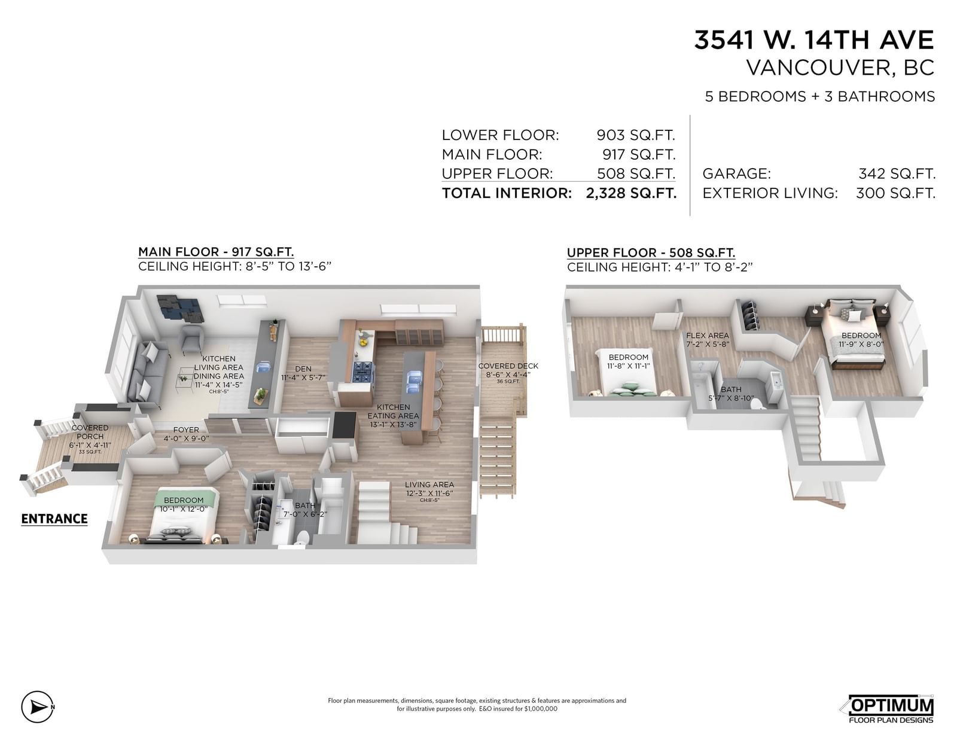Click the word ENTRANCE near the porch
[54, 519]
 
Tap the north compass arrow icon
[38, 708]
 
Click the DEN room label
[303, 369]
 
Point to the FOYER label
[186, 430]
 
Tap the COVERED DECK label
[508, 366]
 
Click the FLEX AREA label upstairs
[708, 336]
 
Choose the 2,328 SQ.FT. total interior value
[630, 193]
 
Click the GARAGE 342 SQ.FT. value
[897, 173]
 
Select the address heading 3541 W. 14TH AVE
[814, 39]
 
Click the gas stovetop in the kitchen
[363, 371]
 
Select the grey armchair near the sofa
[193, 339]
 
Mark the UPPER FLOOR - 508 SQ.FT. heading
[651, 253]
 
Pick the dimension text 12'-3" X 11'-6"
[429, 494]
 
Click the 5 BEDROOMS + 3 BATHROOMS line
[819, 96]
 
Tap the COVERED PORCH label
[90, 432]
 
